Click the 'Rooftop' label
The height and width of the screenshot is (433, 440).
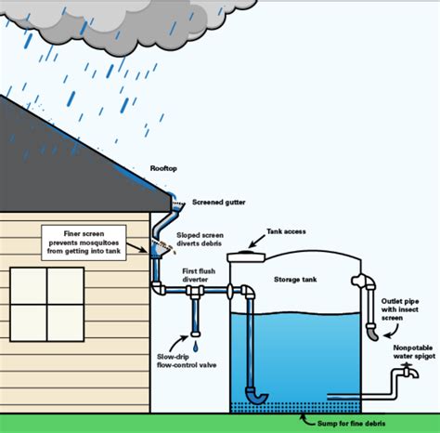[x=163, y=168]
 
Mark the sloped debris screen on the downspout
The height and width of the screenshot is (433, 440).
[x=162, y=249]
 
